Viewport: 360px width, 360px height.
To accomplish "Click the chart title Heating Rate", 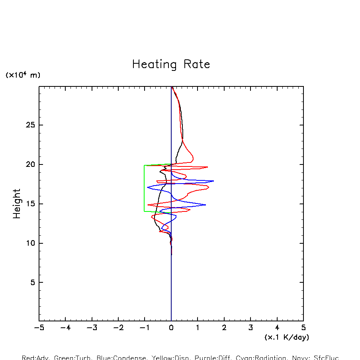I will (x=171, y=65).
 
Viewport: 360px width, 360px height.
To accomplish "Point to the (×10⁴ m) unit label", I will (x=23, y=75).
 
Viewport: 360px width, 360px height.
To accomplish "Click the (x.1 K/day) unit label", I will (x=287, y=337).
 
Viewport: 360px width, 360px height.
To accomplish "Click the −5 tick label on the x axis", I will (x=39, y=328).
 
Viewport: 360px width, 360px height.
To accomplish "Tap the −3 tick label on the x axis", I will (x=92, y=328).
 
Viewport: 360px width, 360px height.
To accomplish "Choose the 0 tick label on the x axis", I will (x=171, y=328).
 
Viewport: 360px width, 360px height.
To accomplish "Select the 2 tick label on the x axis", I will (x=224, y=328).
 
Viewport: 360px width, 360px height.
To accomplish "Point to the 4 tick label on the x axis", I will (x=277, y=328).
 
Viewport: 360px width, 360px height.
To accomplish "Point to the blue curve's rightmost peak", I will (x=213, y=181).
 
